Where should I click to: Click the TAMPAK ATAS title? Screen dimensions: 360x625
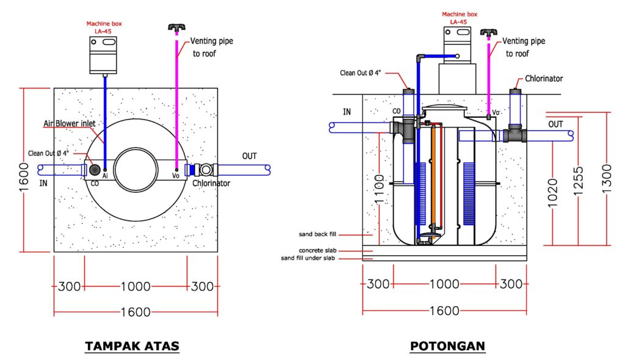[132, 346]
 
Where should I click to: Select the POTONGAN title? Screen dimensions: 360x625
[447, 346]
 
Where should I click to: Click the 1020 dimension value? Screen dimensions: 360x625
[552, 193]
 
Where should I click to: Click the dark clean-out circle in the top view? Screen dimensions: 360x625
[95, 169]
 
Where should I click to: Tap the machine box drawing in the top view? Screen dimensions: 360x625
[103, 54]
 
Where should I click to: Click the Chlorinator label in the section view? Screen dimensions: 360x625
[544, 79]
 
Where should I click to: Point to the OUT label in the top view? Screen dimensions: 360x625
[250, 156]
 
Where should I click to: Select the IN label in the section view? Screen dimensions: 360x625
[347, 112]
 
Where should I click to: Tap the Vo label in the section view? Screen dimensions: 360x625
[496, 112]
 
